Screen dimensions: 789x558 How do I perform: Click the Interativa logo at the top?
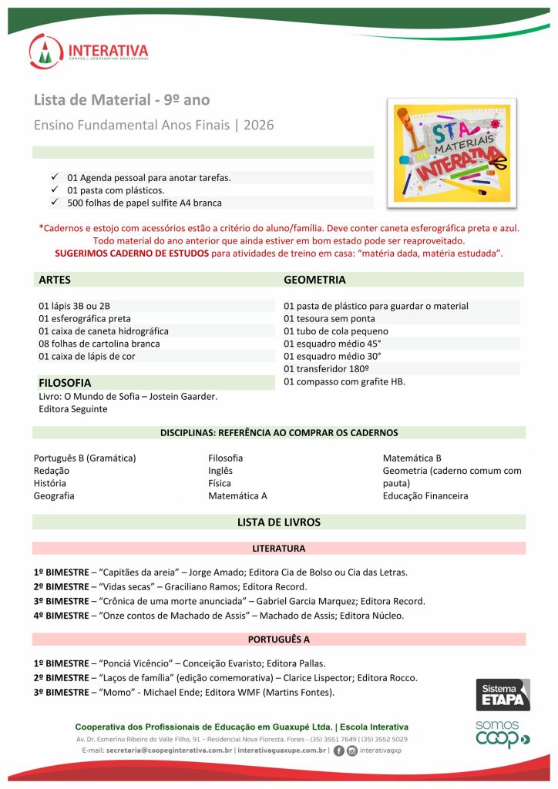tap(89, 52)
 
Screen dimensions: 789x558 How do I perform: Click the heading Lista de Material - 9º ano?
tap(122, 100)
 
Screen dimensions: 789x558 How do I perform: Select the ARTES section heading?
tap(55, 280)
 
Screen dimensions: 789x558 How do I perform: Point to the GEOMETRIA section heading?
tap(314, 280)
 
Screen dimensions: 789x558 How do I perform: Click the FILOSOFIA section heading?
tap(65, 382)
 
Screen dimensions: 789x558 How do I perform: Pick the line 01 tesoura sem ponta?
tap(329, 318)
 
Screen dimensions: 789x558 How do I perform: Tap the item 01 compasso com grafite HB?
tap(344, 381)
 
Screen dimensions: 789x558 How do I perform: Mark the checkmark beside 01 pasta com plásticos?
tap(55, 190)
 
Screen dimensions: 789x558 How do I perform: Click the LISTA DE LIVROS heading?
tap(278, 522)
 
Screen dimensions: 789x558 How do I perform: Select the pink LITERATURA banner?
tap(278, 549)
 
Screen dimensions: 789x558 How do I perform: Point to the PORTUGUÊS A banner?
tap(278, 640)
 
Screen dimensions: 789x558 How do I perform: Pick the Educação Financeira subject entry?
tap(425, 495)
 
